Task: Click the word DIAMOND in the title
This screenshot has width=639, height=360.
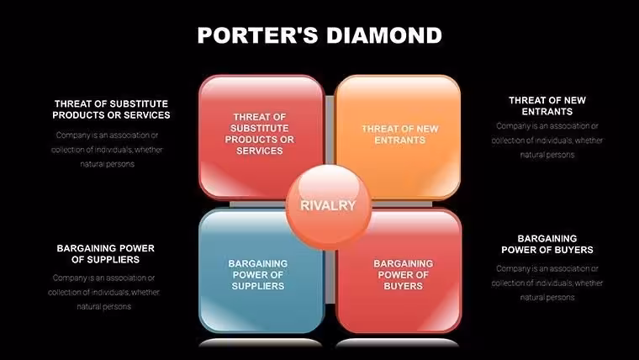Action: pyautogui.click(x=384, y=35)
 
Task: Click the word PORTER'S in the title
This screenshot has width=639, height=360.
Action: pyautogui.click(x=257, y=35)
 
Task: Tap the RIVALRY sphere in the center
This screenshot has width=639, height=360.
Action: pyautogui.click(x=329, y=207)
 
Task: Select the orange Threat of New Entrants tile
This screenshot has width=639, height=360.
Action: pyautogui.click(x=398, y=137)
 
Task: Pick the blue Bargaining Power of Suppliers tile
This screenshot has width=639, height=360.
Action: pyautogui.click(x=261, y=271)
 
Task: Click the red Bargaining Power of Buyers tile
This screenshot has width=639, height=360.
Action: pyautogui.click(x=399, y=271)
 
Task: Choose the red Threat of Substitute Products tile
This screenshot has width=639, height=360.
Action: pyautogui.click(x=261, y=137)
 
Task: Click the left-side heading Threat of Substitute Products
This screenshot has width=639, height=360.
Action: pyautogui.click(x=111, y=109)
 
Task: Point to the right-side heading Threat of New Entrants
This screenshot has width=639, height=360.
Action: pyautogui.click(x=547, y=106)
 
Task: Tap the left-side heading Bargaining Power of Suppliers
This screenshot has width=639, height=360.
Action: pyautogui.click(x=106, y=253)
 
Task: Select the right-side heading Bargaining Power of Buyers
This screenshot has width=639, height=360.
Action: pyautogui.click(x=547, y=244)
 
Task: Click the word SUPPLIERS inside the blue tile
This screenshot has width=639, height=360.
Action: pyautogui.click(x=258, y=286)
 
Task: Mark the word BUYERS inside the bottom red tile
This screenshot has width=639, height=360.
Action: pyautogui.click(x=403, y=286)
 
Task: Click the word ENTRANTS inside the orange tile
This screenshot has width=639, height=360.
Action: pyautogui.click(x=399, y=140)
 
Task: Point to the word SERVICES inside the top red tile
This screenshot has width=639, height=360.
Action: pyautogui.click(x=260, y=151)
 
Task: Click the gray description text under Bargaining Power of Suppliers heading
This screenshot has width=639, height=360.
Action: pyautogui.click(x=104, y=292)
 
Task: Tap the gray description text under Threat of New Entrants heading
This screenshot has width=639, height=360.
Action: pyautogui.click(x=547, y=140)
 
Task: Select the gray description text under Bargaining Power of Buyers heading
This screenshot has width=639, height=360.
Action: pyautogui.click(x=547, y=283)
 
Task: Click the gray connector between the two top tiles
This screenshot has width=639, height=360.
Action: pyautogui.click(x=330, y=130)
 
